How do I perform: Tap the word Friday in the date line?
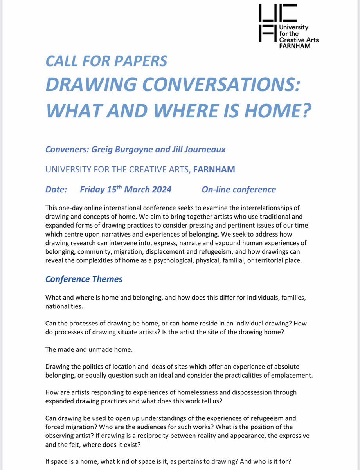pos(92,190)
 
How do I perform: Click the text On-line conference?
pos(239,190)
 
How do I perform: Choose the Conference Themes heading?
pos(84,279)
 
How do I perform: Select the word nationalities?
pos(64,307)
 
